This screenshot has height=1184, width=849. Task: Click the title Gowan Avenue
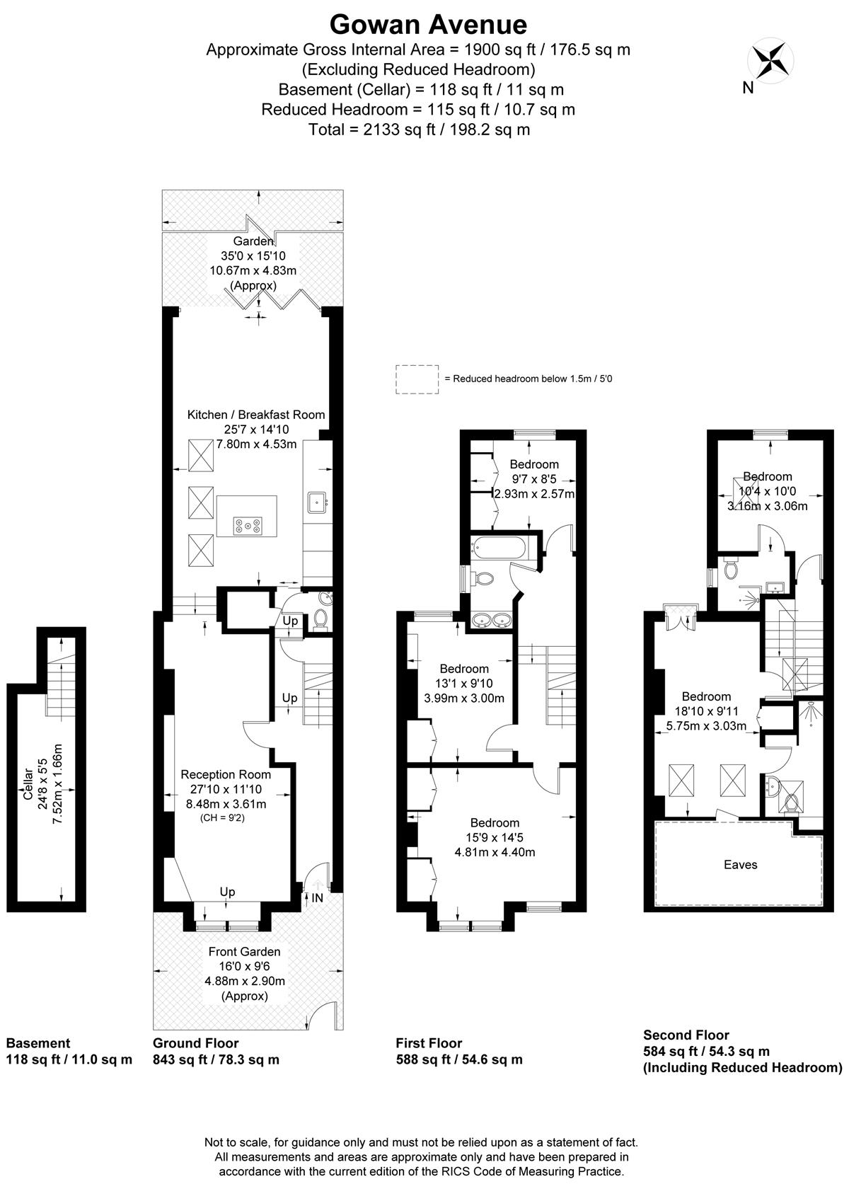(x=429, y=25)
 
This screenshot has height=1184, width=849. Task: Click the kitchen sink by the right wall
(x=318, y=502)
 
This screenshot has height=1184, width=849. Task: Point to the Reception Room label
(x=226, y=774)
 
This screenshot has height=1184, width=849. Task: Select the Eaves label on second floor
(x=740, y=865)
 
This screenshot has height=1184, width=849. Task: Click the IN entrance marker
(x=317, y=898)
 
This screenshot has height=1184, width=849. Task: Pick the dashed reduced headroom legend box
(x=417, y=379)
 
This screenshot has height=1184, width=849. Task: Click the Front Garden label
(x=244, y=952)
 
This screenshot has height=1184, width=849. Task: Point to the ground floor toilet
(x=320, y=619)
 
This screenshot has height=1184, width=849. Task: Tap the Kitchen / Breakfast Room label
(x=256, y=415)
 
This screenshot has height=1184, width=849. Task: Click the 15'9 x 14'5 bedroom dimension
(x=495, y=838)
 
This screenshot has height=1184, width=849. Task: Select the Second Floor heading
(x=686, y=1035)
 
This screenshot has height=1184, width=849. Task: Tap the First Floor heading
(x=429, y=1043)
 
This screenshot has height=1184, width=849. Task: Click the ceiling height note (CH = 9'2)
(x=222, y=818)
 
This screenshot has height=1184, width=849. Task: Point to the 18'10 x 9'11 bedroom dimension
(x=706, y=711)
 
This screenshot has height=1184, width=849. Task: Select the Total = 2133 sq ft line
(x=419, y=130)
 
